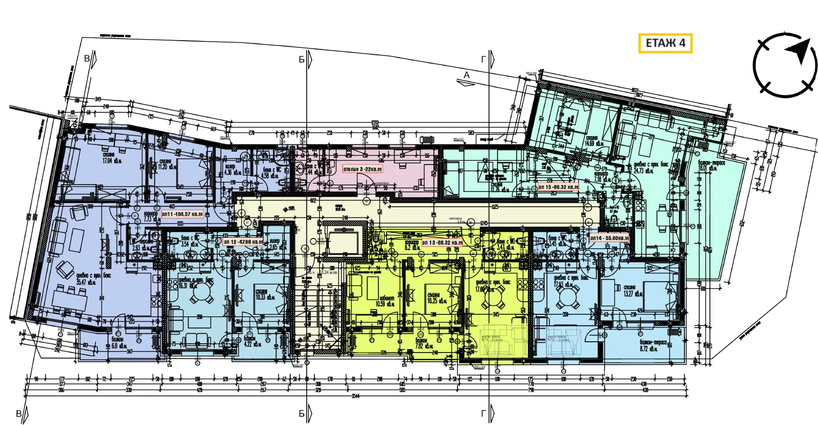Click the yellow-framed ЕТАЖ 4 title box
click(665, 43)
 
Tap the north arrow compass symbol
click(785, 65)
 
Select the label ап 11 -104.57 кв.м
click(182, 214)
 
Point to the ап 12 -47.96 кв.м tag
click(243, 242)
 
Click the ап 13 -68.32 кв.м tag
click(442, 242)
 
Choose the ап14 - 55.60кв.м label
click(609, 238)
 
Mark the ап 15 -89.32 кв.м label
click(558, 187)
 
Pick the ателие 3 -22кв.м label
click(363, 169)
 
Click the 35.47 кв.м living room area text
click(86, 282)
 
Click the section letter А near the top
click(467, 75)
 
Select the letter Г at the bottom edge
click(484, 414)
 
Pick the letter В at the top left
click(87, 59)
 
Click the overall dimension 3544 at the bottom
click(355, 396)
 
